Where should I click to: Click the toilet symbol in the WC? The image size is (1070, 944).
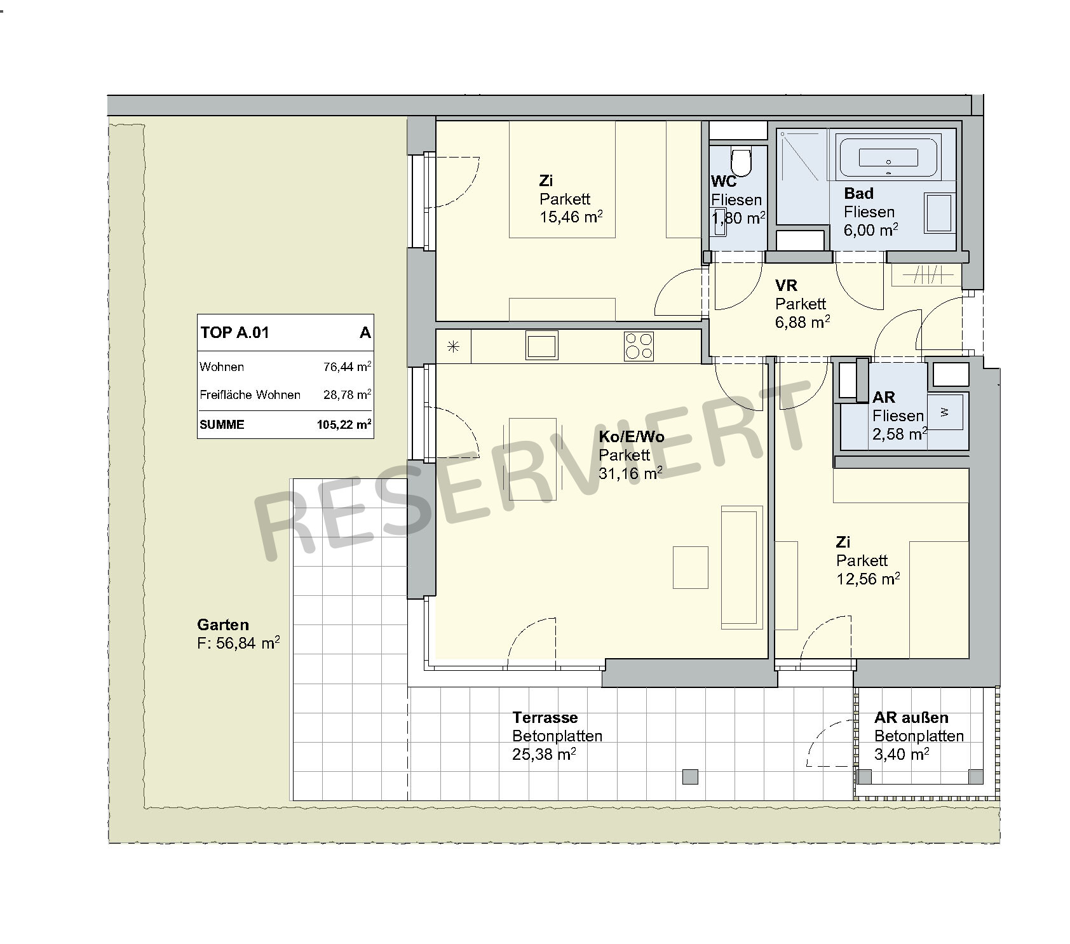(x=741, y=161)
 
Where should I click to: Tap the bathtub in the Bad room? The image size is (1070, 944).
(x=888, y=156)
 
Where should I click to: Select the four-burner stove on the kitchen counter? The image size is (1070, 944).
(x=639, y=347)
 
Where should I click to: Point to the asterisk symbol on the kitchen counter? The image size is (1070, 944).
(x=453, y=347)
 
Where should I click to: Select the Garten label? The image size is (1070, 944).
(x=223, y=624)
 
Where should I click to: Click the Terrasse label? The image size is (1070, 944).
(x=545, y=717)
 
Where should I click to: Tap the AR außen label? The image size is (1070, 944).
(x=911, y=717)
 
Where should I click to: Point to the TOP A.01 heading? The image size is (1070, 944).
(x=235, y=332)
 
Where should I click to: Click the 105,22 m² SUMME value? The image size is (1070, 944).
(x=344, y=424)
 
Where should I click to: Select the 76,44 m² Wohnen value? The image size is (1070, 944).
(x=348, y=367)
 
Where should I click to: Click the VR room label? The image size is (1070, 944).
(x=786, y=285)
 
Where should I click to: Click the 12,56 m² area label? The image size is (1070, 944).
(x=868, y=579)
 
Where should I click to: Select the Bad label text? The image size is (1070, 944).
(x=858, y=193)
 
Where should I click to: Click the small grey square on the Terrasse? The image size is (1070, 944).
(x=690, y=776)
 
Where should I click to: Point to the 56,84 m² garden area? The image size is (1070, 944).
(x=238, y=643)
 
